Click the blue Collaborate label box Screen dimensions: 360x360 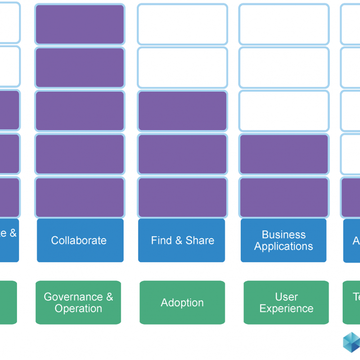80,240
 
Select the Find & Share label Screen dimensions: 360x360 182,240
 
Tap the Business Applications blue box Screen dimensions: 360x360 283,240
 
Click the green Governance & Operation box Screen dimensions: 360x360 78,302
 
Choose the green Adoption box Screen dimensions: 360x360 182,302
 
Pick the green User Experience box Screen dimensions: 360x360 286,302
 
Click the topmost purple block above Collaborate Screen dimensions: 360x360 80,24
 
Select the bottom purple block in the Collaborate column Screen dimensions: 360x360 80,197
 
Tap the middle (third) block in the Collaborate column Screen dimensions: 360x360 80,111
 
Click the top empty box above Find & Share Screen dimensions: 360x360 182,24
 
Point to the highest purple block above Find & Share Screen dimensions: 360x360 182,111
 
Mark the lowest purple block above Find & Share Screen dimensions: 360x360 182,197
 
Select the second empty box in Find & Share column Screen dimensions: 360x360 182,67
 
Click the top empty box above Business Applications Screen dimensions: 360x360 284,24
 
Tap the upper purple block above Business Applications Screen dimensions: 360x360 284,154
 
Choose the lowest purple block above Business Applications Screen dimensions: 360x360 284,197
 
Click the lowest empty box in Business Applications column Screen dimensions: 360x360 284,111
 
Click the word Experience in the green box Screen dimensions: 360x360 286,309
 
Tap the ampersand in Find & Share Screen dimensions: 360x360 179,240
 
